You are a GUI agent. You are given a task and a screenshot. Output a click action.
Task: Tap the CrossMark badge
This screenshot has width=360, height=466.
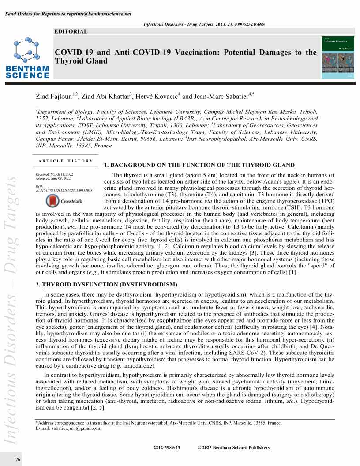[64, 201]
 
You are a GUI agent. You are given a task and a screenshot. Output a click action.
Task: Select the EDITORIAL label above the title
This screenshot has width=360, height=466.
[71, 31]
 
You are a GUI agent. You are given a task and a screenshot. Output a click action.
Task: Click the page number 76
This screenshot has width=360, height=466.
[18, 460]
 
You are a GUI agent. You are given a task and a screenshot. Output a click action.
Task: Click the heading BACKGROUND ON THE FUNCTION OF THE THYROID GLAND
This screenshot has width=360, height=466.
[199, 165]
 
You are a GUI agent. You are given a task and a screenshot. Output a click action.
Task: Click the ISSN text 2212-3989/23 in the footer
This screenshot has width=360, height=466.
[167, 447]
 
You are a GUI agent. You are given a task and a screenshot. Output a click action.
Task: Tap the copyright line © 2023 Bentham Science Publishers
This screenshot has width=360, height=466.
[233, 447]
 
